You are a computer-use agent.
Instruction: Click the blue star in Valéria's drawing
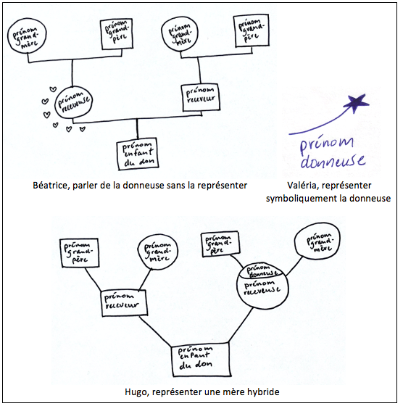click(357, 103)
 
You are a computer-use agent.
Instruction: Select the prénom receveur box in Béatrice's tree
click(201, 97)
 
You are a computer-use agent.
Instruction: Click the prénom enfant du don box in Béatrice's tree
click(138, 154)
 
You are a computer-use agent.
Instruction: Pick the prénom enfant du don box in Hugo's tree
click(201, 359)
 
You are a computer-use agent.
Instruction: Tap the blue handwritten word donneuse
click(333, 162)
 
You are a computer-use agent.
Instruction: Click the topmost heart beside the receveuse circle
click(53, 89)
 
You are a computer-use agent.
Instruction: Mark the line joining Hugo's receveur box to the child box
click(155, 331)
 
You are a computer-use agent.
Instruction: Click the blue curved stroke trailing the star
click(319, 124)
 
